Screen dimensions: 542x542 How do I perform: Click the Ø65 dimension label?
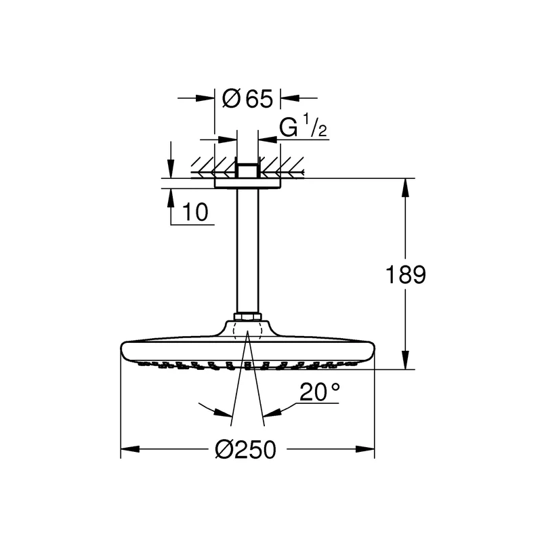[x=247, y=98]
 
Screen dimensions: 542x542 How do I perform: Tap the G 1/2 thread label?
[x=303, y=126]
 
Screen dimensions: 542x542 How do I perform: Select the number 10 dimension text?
[x=195, y=212]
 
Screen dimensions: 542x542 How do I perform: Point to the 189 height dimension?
[x=405, y=275]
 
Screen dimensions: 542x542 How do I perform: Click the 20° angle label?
[x=319, y=392]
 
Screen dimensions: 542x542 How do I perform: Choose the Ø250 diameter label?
[x=245, y=449]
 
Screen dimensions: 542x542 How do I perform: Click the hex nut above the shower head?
[x=247, y=316]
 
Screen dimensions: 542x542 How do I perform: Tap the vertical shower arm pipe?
[x=247, y=251]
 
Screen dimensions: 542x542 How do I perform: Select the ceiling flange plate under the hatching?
[x=247, y=184]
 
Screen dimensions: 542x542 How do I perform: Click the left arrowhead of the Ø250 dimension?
[x=130, y=449]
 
